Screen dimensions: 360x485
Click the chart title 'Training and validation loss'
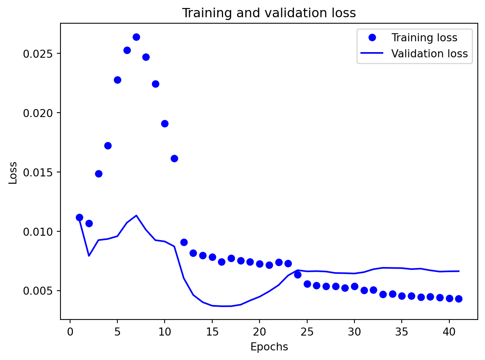(269, 13)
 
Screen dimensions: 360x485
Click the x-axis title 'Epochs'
(269, 347)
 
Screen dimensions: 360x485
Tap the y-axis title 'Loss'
(13, 172)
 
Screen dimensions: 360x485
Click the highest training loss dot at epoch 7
(136, 37)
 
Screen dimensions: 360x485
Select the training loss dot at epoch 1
(79, 217)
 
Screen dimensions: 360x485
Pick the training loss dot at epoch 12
(184, 242)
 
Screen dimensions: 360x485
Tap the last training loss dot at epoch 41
(459, 299)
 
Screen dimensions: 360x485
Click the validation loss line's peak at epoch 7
(136, 215)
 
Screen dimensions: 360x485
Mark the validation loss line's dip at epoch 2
(89, 256)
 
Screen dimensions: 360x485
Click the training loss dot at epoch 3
(99, 174)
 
